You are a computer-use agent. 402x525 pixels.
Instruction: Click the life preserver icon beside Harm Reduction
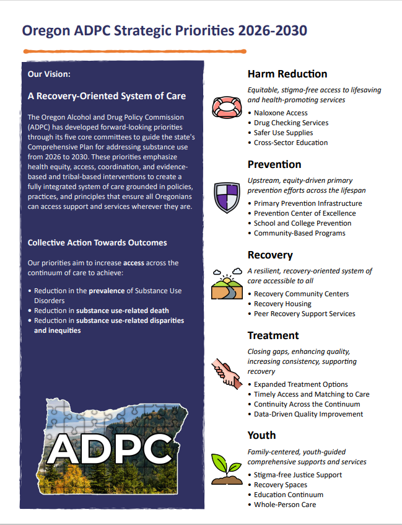click(225, 107)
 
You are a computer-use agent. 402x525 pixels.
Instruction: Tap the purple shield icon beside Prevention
click(225, 198)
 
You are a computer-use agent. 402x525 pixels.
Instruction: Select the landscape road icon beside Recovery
click(226, 285)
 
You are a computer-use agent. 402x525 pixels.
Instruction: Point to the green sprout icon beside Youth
click(225, 469)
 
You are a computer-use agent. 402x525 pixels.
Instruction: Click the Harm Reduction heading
click(287, 74)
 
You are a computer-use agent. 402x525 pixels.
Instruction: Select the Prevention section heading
click(274, 164)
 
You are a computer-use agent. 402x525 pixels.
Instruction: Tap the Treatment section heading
click(273, 335)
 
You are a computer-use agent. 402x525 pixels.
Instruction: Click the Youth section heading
click(261, 435)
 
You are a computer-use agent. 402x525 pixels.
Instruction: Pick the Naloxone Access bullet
click(281, 113)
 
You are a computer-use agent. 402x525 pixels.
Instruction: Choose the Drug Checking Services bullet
click(291, 123)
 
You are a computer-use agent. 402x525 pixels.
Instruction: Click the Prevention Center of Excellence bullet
click(305, 213)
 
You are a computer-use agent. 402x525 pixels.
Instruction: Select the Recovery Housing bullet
click(282, 304)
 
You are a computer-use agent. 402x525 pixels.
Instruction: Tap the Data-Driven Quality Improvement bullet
click(308, 414)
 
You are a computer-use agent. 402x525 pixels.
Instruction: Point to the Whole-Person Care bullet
click(285, 505)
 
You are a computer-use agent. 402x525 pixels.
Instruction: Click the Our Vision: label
click(49, 74)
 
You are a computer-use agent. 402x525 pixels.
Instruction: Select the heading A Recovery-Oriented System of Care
click(107, 96)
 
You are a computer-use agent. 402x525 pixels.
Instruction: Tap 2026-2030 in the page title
click(273, 30)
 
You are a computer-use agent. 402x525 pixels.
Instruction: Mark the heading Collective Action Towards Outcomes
click(97, 243)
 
